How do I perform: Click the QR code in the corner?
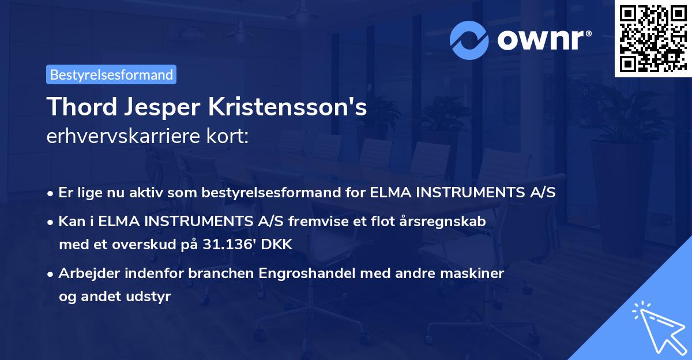[x=653, y=38]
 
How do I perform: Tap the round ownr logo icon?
[x=468, y=40]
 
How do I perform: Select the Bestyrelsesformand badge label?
[x=111, y=74]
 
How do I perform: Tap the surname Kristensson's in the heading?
[x=285, y=107]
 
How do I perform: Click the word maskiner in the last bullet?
[x=478, y=273]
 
